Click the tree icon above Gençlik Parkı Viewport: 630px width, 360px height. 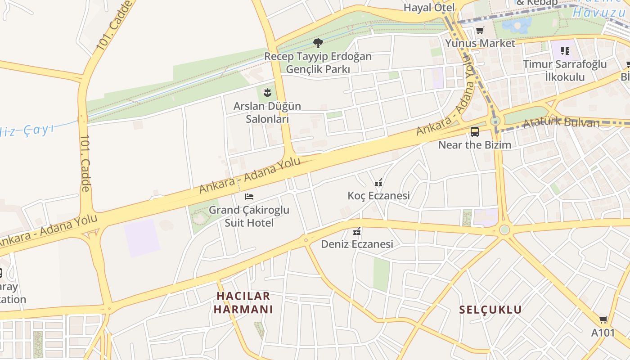click(318, 43)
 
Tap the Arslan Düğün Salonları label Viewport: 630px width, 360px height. click(267, 112)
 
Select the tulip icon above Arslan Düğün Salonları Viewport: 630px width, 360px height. click(267, 93)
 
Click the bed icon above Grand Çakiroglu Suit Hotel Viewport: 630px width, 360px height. click(249, 197)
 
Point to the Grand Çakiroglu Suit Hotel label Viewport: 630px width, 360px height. click(249, 216)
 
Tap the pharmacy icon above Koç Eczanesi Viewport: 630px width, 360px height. click(378, 183)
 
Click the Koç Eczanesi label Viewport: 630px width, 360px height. click(378, 196)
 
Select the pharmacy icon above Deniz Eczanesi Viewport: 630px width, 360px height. click(357, 231)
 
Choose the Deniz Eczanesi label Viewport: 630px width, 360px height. click(357, 244)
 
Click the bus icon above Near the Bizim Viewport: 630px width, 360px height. click(475, 132)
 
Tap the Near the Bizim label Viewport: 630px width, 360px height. click(475, 145)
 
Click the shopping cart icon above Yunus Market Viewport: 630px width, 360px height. click(480, 31)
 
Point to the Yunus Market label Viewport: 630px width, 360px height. click(480, 44)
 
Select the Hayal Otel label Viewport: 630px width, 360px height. click(429, 8)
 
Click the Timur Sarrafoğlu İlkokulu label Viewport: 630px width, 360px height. click(565, 70)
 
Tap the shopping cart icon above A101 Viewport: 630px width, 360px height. click(603, 320)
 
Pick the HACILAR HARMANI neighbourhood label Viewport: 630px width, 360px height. click(243, 302)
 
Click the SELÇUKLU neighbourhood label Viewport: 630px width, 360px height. click(490, 310)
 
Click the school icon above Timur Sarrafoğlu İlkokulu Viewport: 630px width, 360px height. click(565, 51)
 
